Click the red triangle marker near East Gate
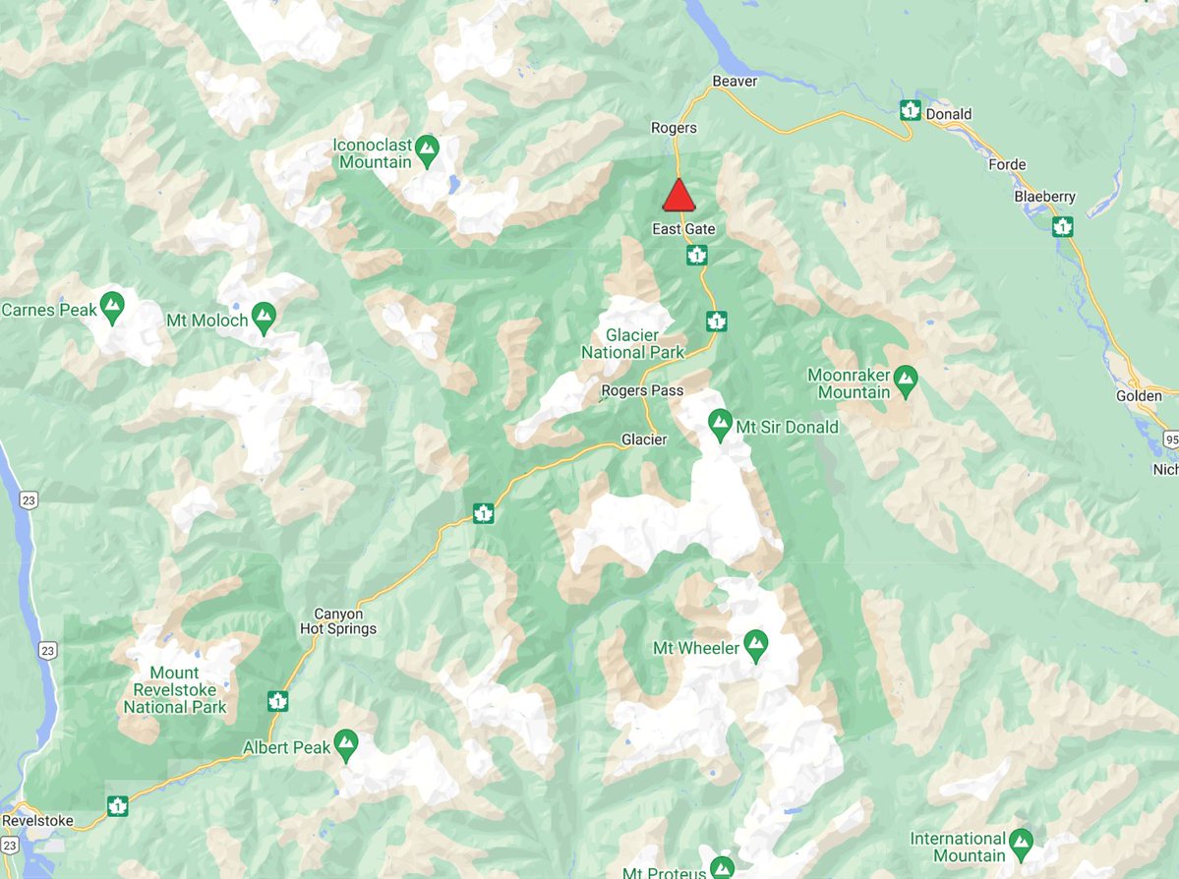(678, 196)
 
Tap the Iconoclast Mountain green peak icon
(427, 147)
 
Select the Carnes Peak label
(49, 311)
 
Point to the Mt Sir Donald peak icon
(720, 424)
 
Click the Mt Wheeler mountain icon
(755, 645)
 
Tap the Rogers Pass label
(642, 391)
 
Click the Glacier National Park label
(632, 344)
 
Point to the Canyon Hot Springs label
(338, 621)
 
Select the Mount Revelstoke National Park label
(175, 690)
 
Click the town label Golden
(1139, 395)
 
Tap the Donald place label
(949, 114)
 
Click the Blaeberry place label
(1044, 197)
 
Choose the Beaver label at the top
(735, 82)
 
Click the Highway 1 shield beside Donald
(910, 110)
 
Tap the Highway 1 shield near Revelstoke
(118, 806)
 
